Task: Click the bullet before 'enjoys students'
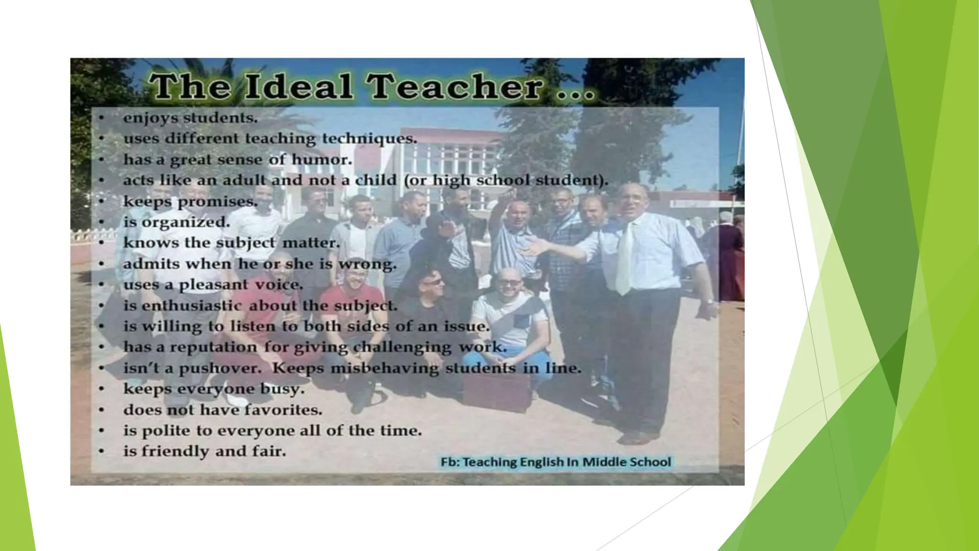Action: pyautogui.click(x=101, y=118)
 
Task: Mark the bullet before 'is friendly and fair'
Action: pyautogui.click(x=101, y=451)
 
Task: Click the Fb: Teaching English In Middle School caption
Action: pyautogui.click(x=555, y=462)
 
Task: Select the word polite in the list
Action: pyautogui.click(x=166, y=431)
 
